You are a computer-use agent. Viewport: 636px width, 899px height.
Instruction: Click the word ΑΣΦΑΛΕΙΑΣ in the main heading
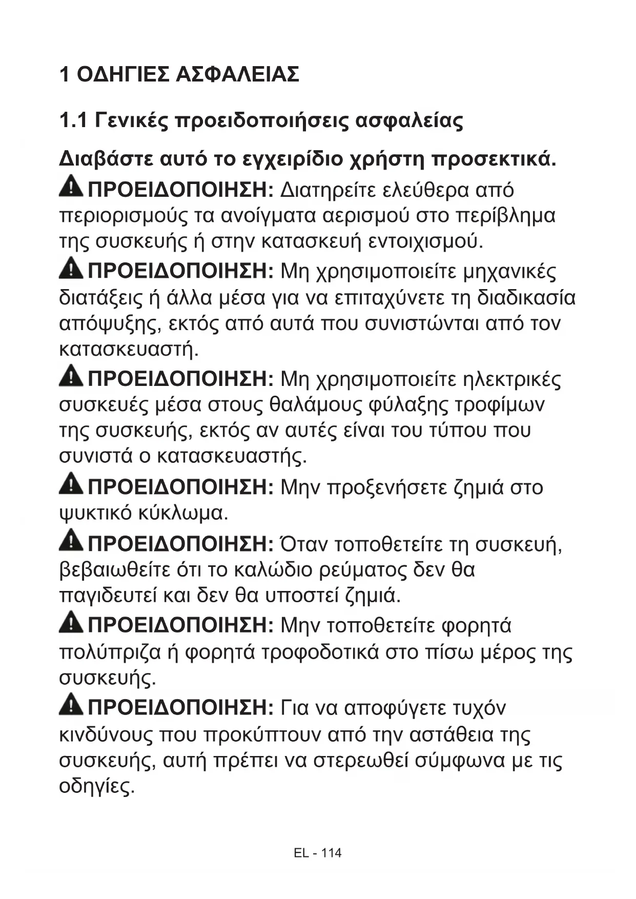[x=237, y=75]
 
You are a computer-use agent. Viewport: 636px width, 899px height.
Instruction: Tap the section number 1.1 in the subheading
[x=74, y=121]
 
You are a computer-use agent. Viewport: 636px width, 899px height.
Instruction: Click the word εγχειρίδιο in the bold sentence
[x=292, y=159]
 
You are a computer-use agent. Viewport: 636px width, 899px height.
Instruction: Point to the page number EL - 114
[x=318, y=853]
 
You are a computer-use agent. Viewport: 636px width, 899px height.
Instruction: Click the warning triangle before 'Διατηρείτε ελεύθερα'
[x=71, y=187]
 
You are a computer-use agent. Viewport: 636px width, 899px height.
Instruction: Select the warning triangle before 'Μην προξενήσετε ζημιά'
[x=71, y=484]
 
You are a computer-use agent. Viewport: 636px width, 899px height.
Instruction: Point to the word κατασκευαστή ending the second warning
[x=129, y=350]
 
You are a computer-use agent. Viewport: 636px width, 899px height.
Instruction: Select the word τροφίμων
[x=500, y=405]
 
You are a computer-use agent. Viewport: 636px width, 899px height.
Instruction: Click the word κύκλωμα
[x=182, y=513]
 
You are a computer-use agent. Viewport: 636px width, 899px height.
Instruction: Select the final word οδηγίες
[x=97, y=786]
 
